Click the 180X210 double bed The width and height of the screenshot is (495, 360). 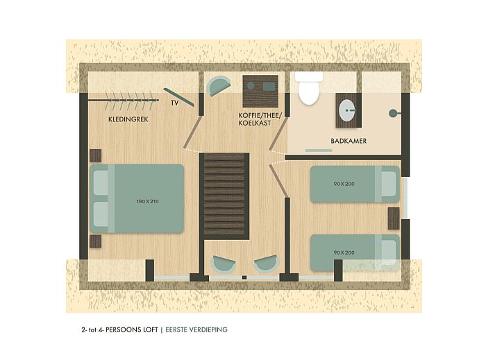pos(137,198)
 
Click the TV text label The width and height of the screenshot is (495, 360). pos(175,103)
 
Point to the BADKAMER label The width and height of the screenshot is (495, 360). pos(349,141)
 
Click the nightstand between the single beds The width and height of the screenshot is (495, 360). pos(394,218)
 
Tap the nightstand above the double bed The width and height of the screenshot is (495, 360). pos(96,155)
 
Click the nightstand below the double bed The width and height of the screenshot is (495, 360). pos(96,241)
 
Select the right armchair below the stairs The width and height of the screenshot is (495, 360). pos(267,265)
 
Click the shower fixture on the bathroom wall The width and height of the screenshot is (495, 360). pos(394,112)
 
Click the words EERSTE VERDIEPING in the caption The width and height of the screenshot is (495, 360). pos(196,329)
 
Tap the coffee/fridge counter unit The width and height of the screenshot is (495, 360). pos(260,90)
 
